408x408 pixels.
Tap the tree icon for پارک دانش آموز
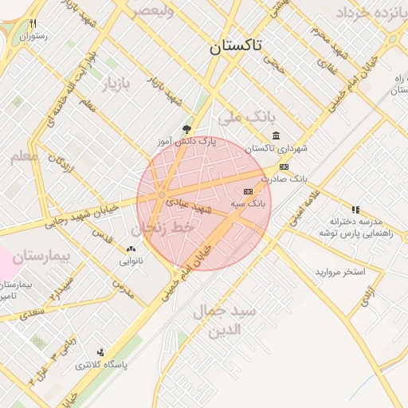coord(186,127)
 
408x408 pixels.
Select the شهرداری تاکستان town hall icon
coord(276,135)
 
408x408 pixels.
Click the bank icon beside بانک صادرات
coord(284,167)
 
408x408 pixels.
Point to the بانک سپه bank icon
coord(248,191)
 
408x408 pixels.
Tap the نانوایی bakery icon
coord(131,249)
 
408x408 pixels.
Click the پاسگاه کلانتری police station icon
coord(100,351)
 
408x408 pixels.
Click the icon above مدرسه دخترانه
coord(355,209)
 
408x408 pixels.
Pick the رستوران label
coord(35,36)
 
